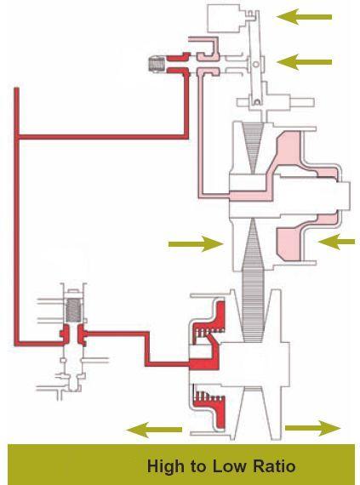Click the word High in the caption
pyautogui.click(x=165, y=466)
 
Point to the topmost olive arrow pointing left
pyautogui.click(x=304, y=17)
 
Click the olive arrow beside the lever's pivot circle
pyautogui.click(x=305, y=62)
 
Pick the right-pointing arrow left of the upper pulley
pyautogui.click(x=196, y=243)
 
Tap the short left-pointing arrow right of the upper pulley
pyautogui.click(x=336, y=242)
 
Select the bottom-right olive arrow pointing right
pyautogui.click(x=312, y=428)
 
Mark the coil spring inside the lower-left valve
pyautogui.click(x=73, y=311)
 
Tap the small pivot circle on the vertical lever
pyautogui.click(x=256, y=64)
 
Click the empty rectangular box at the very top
pyautogui.click(x=223, y=19)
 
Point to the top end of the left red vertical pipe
pyautogui.click(x=17, y=88)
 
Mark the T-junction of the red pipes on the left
pyautogui.click(x=17, y=136)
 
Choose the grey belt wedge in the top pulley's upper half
pyautogui.click(x=254, y=145)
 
